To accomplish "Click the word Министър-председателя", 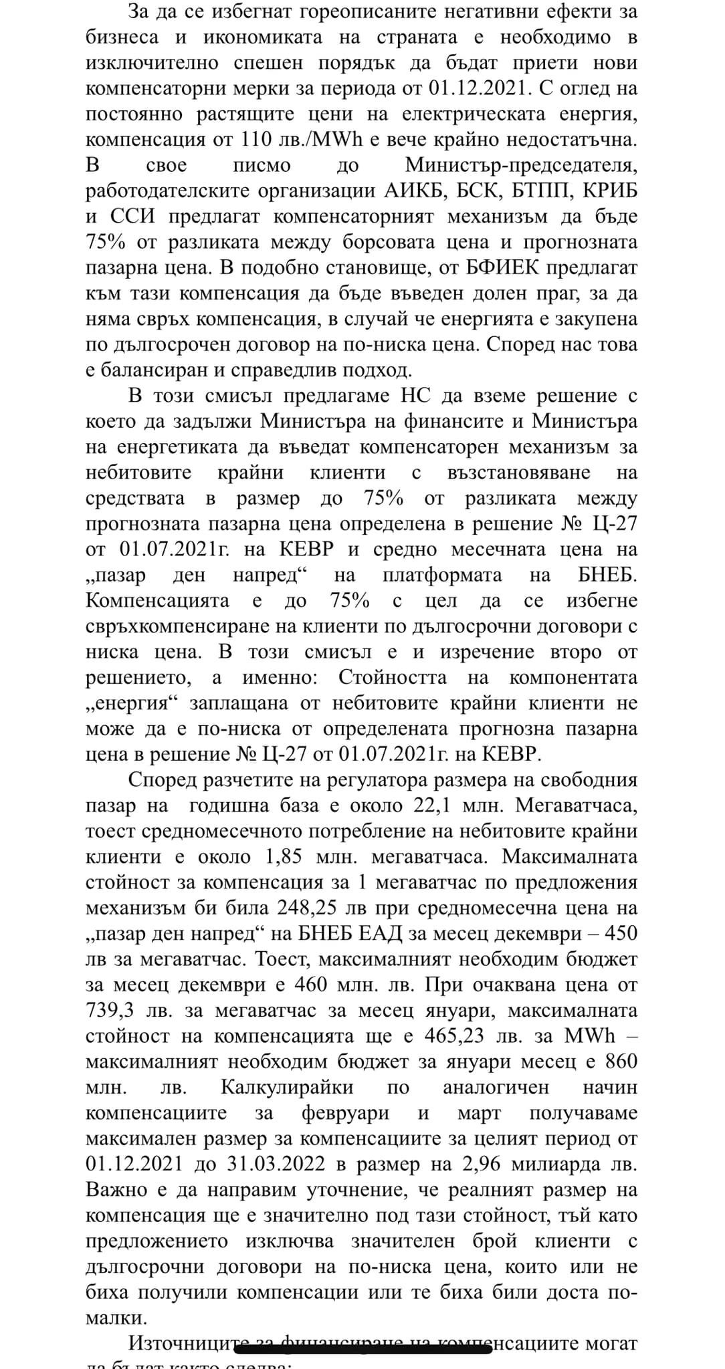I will click(x=521, y=165).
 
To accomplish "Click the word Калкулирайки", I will click(x=287, y=1087).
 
